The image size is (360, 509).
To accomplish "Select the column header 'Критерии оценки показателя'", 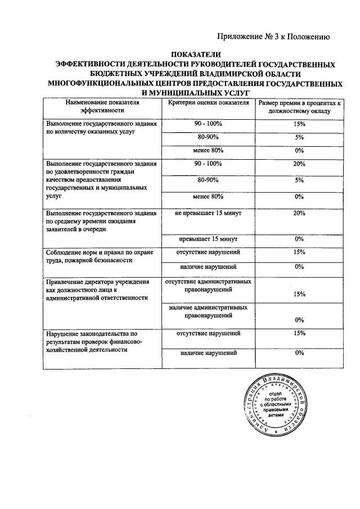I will (209, 103).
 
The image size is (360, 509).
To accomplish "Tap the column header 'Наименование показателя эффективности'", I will (102, 107).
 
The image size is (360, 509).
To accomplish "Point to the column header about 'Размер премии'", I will (299, 107).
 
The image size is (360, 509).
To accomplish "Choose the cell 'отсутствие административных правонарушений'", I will (209, 285).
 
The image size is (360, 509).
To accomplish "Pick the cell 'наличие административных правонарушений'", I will (209, 312).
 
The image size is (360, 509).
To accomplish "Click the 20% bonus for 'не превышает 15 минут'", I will (299, 213).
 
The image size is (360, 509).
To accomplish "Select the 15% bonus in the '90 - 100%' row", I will (299, 124).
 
